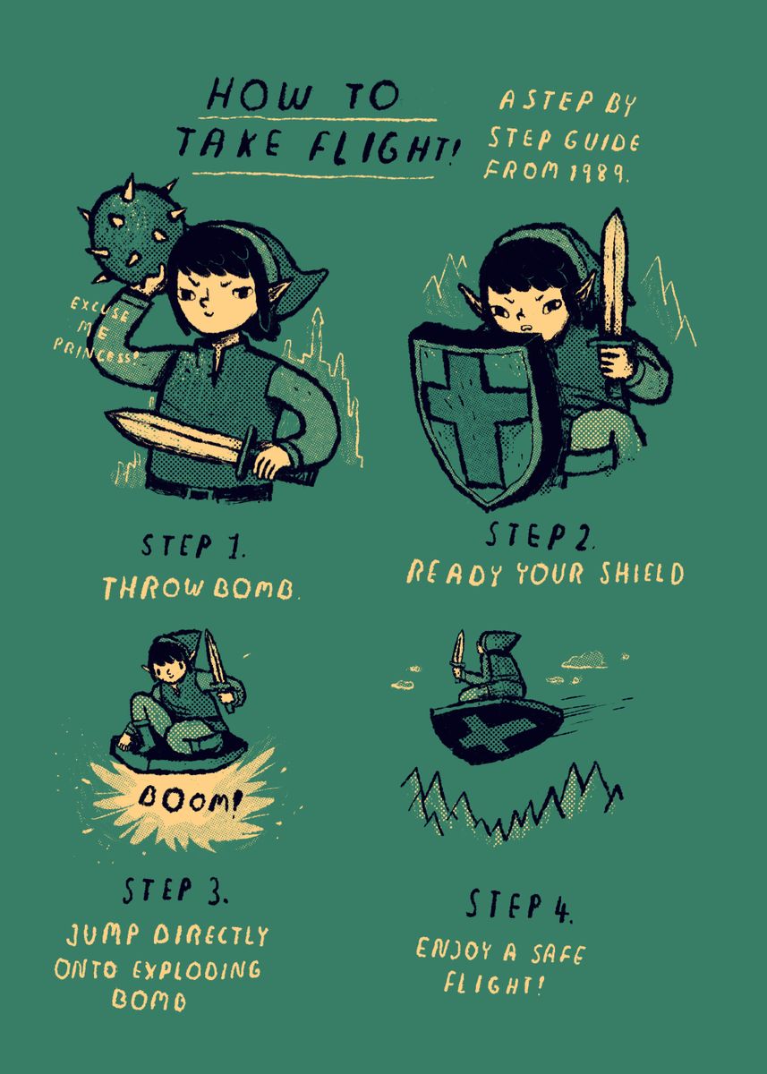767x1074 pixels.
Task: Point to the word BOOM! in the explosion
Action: [188, 797]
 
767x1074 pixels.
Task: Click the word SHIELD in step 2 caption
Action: [642, 573]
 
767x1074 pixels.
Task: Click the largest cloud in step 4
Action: [584, 661]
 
